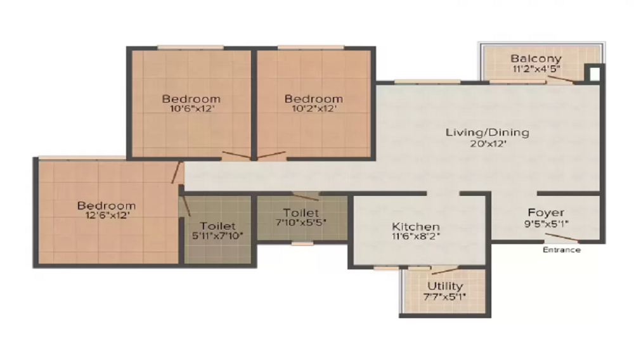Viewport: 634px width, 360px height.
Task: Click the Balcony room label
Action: coord(536,58)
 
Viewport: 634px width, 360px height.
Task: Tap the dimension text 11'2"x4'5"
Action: coord(536,68)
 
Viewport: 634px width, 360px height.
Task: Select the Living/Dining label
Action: coord(487,132)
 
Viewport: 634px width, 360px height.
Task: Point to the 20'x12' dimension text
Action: coord(488,143)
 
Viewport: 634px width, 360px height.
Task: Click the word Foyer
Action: coord(546,213)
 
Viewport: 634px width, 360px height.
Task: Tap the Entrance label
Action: coord(562,250)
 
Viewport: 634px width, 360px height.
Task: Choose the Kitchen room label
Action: coord(416,227)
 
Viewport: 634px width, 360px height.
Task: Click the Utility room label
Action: coord(445,286)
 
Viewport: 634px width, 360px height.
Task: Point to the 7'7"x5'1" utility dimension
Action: coord(444,297)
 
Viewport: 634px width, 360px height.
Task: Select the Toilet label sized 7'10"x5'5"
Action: coord(301,212)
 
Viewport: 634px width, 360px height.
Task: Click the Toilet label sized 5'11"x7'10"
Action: coord(217,226)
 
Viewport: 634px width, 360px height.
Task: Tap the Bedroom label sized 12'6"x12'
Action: coord(107,205)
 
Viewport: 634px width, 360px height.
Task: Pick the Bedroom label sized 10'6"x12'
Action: coord(191,99)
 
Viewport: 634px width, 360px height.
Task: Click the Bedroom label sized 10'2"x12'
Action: coord(313,99)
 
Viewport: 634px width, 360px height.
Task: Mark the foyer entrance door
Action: coord(562,238)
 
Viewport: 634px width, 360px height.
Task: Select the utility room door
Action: coord(445,270)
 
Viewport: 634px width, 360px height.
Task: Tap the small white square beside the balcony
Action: coord(595,74)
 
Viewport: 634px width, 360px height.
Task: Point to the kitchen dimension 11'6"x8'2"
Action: coord(416,236)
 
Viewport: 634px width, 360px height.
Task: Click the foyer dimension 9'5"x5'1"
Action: coord(547,224)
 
